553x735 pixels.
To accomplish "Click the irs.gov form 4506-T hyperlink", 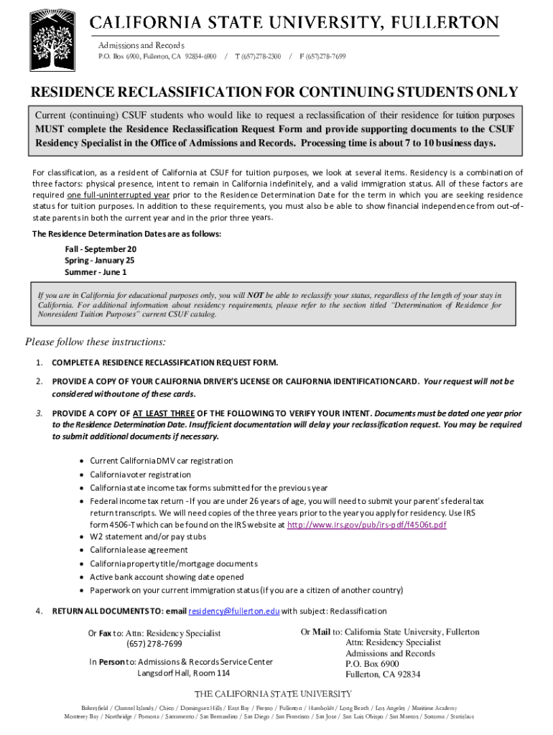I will tap(366, 525).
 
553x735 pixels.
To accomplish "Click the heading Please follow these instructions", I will tap(96, 341).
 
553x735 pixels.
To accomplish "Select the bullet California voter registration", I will tap(140, 474).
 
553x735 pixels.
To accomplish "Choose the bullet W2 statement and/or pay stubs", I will tap(148, 536).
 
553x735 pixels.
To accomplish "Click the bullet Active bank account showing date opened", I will tap(167, 576).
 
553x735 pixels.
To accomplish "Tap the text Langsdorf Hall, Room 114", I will tap(184, 673).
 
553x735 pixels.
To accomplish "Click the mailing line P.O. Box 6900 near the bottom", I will tap(372, 664).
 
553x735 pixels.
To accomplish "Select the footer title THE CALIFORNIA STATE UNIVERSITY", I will tap(274, 694).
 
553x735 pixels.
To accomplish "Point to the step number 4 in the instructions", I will tap(39, 611).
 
